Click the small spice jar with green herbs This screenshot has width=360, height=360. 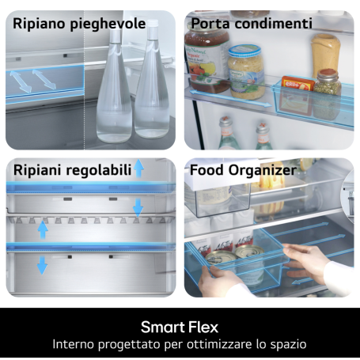pos(328,82)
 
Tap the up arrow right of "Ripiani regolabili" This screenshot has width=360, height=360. pos(139,168)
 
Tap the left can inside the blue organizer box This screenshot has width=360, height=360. pos(220,259)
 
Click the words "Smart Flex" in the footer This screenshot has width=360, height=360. pos(180,326)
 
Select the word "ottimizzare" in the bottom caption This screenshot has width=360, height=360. pos(221,344)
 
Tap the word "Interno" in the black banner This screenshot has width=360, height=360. pos(77,344)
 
